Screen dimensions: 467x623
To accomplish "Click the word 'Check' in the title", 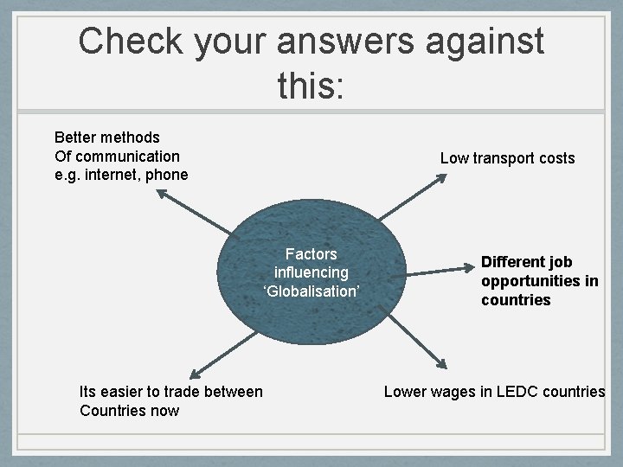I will pos(129,42).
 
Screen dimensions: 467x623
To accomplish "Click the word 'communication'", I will pos(127,156).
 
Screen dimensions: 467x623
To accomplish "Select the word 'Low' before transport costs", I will pos(454,158).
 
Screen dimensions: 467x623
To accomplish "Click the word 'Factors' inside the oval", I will pos(311,253).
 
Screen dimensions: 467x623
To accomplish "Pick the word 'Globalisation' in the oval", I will pos(311,291).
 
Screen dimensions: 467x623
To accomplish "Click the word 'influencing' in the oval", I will pos(311,272).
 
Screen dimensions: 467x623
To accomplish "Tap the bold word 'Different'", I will pos(515,262).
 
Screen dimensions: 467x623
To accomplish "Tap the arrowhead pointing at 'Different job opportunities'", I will pos(468,271).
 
